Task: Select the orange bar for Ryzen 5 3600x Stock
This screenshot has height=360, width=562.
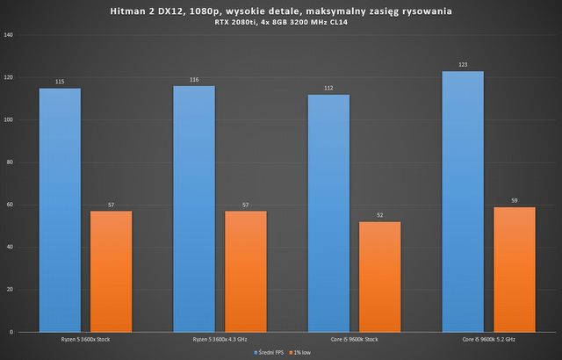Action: click(x=111, y=271)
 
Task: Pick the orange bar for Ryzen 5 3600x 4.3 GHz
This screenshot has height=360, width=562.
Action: click(x=246, y=271)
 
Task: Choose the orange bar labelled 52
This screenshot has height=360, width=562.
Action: click(x=380, y=277)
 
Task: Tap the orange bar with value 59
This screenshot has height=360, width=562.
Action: click(x=515, y=270)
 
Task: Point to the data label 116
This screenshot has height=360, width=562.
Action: click(x=193, y=80)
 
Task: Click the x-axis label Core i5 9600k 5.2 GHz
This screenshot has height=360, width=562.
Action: click(x=489, y=339)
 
